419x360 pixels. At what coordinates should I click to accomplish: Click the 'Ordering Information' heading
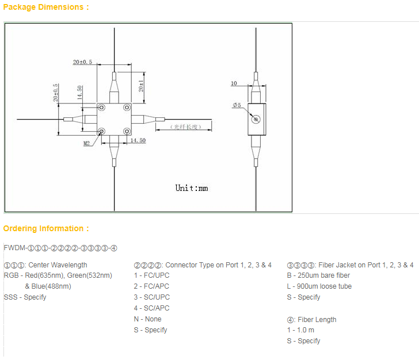point(46,228)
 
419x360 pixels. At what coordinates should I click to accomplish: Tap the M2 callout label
point(86,143)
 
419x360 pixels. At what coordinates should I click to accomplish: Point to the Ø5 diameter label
point(236,105)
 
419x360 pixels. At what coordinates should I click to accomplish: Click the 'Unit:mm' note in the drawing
point(192,188)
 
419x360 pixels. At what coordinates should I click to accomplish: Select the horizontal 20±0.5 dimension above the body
point(83,62)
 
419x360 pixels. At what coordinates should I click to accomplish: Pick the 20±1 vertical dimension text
point(142,86)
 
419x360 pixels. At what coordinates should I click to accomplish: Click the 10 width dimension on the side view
point(234,83)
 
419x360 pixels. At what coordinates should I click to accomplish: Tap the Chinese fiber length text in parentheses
point(184,127)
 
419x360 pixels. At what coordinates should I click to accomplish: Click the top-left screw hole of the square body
point(101,107)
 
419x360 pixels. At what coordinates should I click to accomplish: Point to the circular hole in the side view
point(256,119)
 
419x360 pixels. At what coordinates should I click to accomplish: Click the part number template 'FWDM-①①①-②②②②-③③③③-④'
point(60,248)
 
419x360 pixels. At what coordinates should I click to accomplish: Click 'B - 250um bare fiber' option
point(318,275)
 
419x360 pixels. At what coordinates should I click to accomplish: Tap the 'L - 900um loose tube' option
point(319,286)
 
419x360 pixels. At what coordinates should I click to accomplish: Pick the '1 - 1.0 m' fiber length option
point(300,330)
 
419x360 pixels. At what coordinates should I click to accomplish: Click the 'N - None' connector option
point(147,319)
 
